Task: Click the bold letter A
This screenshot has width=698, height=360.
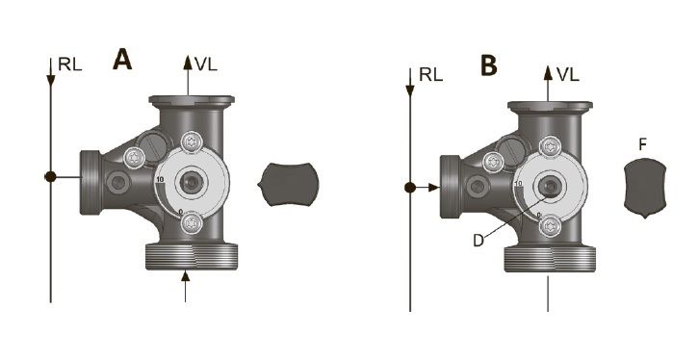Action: pyautogui.click(x=122, y=60)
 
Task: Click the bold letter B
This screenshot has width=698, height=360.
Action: pyautogui.click(x=488, y=66)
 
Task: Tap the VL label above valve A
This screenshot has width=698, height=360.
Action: pyautogui.click(x=206, y=64)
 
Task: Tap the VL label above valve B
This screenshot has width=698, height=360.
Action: pyautogui.click(x=568, y=75)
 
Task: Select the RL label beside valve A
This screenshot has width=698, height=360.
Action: pyautogui.click(x=70, y=64)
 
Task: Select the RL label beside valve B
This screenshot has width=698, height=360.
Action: pyautogui.click(x=431, y=75)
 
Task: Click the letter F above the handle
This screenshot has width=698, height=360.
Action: pyautogui.click(x=642, y=144)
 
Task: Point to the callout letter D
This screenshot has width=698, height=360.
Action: pyautogui.click(x=478, y=241)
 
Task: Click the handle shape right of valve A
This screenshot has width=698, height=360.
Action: pyautogui.click(x=289, y=184)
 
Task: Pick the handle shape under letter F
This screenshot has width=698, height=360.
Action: pyautogui.click(x=645, y=189)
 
